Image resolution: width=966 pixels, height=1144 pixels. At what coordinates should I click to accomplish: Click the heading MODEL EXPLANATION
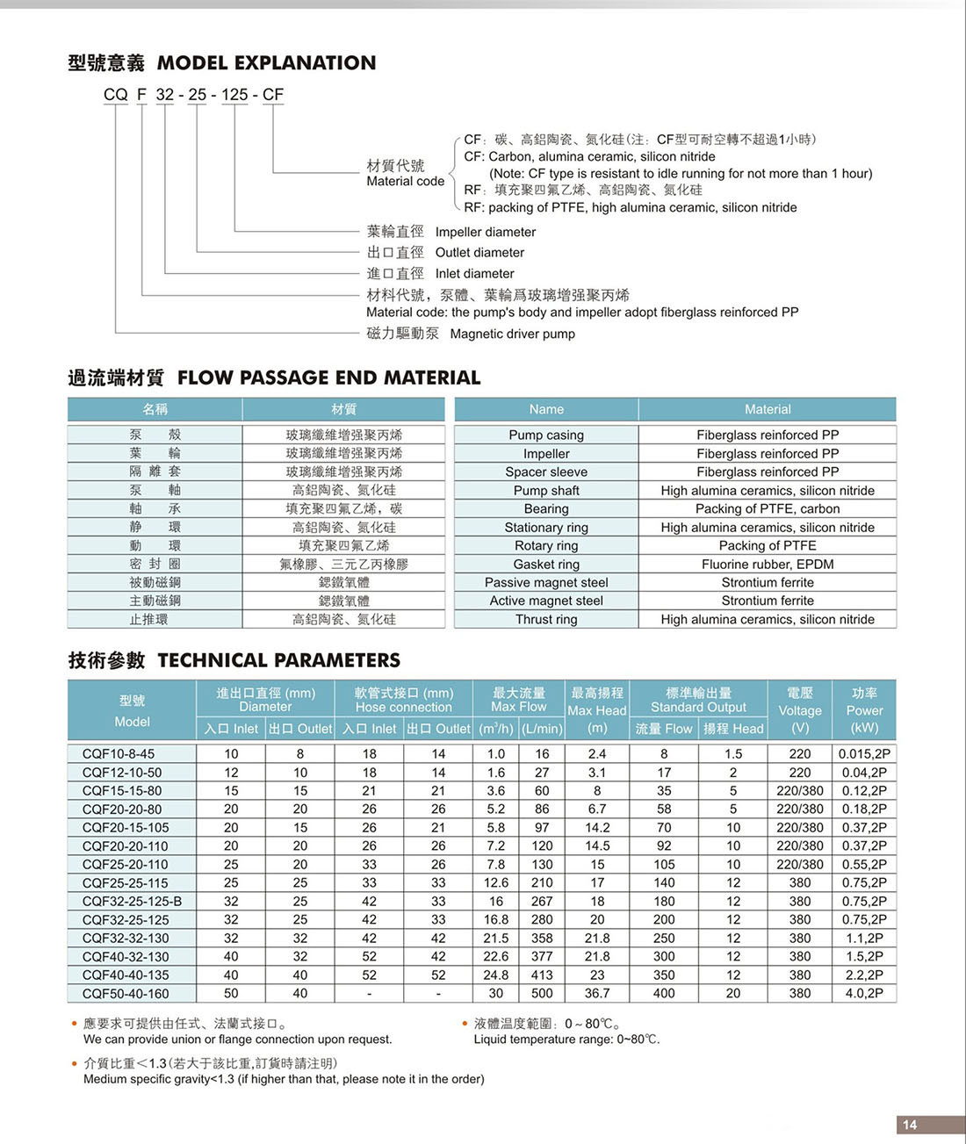tap(266, 63)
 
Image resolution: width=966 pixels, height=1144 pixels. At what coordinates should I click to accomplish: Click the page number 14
tap(910, 1125)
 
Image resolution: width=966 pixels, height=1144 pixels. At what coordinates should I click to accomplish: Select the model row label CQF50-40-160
tap(126, 994)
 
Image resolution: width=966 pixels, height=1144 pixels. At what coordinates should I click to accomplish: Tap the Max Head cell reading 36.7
tap(597, 994)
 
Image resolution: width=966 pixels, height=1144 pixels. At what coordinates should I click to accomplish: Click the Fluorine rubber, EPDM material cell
tap(768, 565)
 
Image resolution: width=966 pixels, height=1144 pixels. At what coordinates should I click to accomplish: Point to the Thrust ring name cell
tap(546, 620)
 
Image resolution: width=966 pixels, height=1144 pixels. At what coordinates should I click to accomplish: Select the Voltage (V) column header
tap(800, 710)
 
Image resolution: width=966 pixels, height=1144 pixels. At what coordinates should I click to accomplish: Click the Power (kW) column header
tap(865, 710)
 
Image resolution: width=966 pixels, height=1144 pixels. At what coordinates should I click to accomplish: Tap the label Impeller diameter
tap(486, 233)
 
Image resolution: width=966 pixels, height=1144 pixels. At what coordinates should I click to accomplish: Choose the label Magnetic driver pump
tap(513, 335)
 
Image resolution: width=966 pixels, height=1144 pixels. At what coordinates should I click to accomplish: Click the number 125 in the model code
tap(234, 95)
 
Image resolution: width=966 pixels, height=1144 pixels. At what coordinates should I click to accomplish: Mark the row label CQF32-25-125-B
tap(132, 902)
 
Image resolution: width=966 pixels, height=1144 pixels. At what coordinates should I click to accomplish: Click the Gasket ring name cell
tap(546, 565)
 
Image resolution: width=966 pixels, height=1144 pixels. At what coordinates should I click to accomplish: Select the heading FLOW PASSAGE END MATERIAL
tap(329, 378)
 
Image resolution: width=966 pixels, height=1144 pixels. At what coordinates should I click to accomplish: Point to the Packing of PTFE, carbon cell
tap(768, 509)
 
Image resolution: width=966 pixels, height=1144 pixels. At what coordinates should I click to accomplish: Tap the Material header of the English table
tap(768, 410)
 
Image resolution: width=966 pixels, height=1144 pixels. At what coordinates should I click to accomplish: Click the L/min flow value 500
tap(542, 994)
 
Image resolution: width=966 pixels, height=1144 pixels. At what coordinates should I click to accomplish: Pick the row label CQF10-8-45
tap(119, 754)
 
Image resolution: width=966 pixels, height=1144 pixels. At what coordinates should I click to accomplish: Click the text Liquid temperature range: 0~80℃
tap(566, 1040)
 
